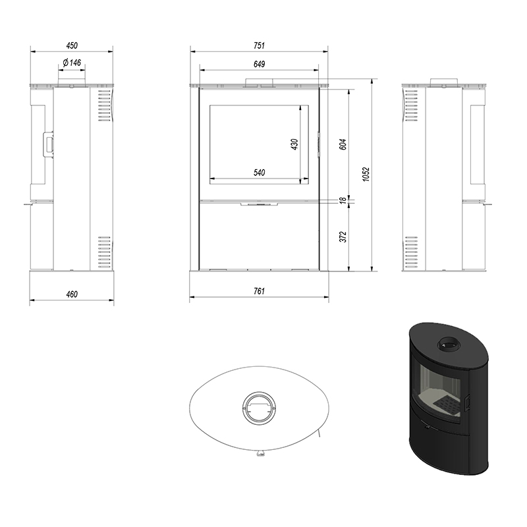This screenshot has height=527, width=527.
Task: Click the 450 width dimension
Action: (72, 45)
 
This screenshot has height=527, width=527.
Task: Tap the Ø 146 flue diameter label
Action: (72, 63)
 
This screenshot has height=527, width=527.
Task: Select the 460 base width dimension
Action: (72, 294)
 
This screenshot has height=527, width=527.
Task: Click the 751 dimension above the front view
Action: (259, 45)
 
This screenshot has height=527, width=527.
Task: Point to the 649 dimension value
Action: (259, 64)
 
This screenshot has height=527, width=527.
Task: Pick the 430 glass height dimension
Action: (294, 144)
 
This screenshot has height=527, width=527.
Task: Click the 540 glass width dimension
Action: (259, 173)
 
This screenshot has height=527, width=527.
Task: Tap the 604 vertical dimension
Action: (343, 144)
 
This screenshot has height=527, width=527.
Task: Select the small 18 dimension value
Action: (343, 200)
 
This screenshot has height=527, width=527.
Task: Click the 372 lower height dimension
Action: (343, 237)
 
